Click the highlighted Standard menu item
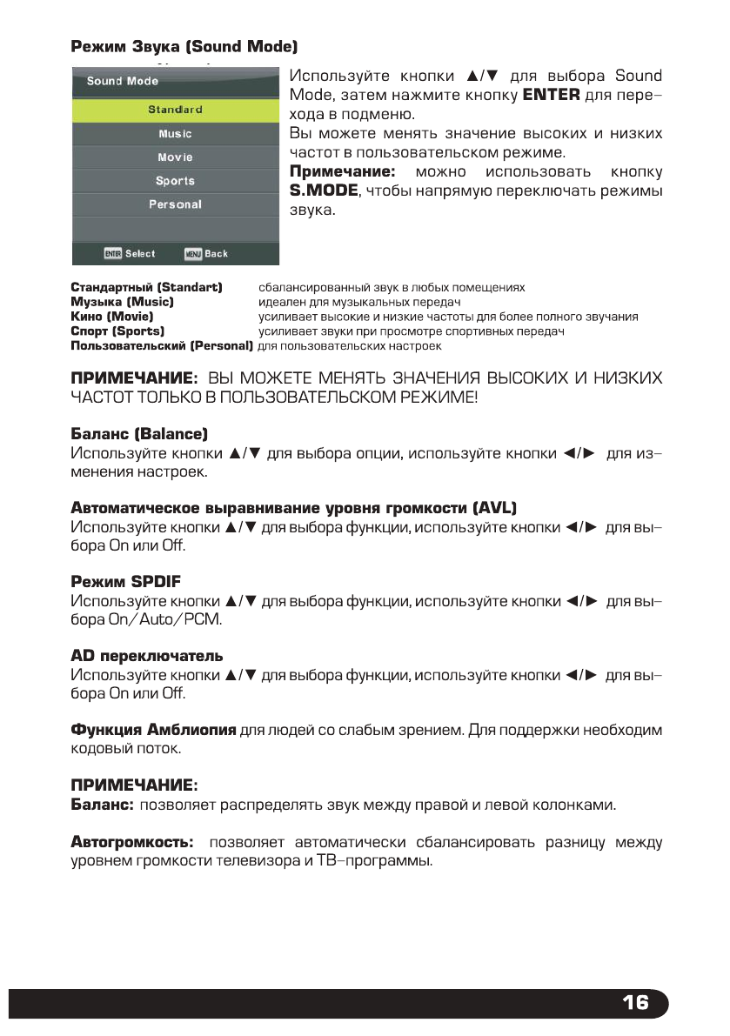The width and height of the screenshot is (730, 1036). click(x=175, y=110)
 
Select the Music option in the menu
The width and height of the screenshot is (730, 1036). click(x=175, y=134)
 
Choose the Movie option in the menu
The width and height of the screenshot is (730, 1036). click(x=175, y=157)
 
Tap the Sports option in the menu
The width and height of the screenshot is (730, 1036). click(x=175, y=181)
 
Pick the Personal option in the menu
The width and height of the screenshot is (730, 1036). click(x=175, y=204)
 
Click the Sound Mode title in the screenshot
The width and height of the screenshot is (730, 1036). click(x=123, y=81)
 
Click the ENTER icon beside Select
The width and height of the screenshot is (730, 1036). click(x=112, y=254)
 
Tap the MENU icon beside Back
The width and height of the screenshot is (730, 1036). click(x=193, y=254)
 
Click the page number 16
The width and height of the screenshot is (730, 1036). click(x=635, y=1003)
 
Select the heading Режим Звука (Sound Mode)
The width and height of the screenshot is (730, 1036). click(x=184, y=44)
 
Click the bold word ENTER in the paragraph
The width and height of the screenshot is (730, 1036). click(x=550, y=95)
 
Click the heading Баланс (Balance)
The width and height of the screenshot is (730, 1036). click(x=138, y=433)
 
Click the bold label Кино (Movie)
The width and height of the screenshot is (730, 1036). click(x=111, y=317)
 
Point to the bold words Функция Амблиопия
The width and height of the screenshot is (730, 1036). click(x=153, y=728)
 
